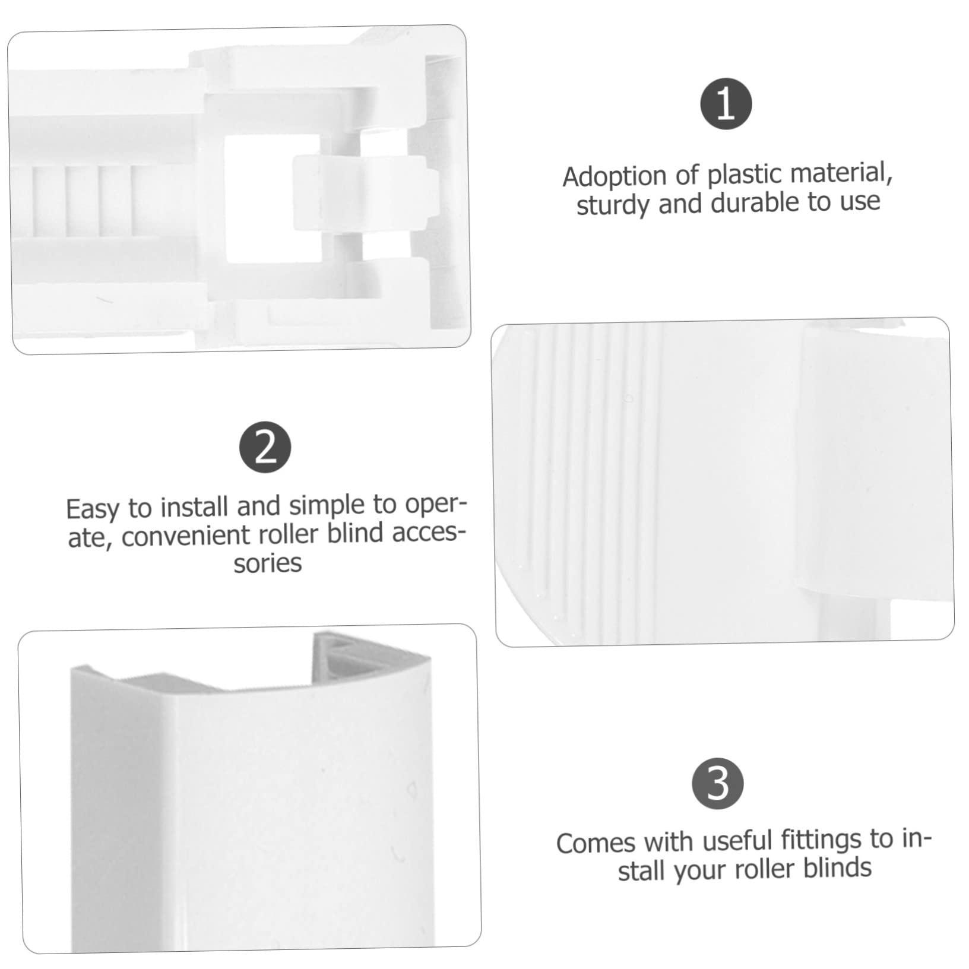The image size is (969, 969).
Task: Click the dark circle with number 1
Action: click(726, 104)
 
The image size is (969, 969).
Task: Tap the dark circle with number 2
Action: click(265, 449)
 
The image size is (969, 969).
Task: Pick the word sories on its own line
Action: click(267, 563)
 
